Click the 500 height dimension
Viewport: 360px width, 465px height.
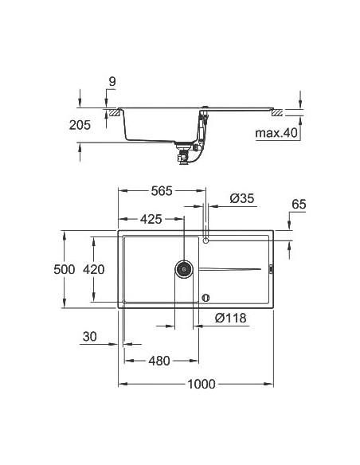click(x=64, y=269)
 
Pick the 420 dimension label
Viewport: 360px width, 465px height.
click(x=93, y=269)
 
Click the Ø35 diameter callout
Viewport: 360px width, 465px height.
click(x=241, y=198)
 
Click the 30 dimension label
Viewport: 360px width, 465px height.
click(x=90, y=338)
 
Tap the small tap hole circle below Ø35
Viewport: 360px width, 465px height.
click(x=205, y=239)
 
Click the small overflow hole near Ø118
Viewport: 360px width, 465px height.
click(x=205, y=299)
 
